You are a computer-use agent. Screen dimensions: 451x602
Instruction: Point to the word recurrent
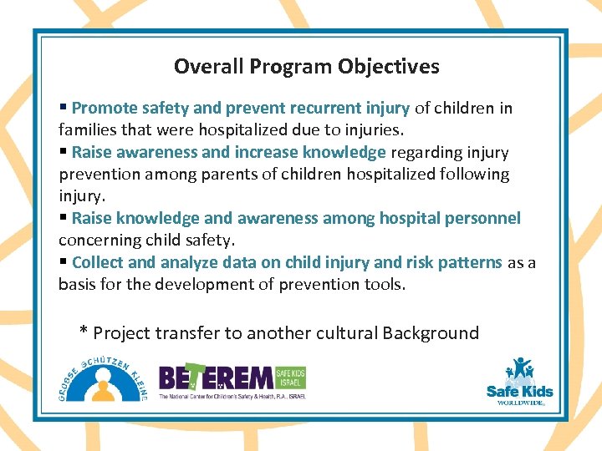click(x=326, y=108)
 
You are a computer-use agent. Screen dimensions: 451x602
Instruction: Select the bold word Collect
click(x=98, y=262)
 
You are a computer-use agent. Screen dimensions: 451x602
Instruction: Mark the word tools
click(x=386, y=284)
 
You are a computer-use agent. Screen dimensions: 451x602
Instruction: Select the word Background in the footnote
click(x=431, y=333)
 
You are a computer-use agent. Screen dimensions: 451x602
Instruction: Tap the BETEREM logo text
click(x=216, y=378)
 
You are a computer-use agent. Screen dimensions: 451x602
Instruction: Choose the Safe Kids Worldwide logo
click(x=519, y=383)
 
